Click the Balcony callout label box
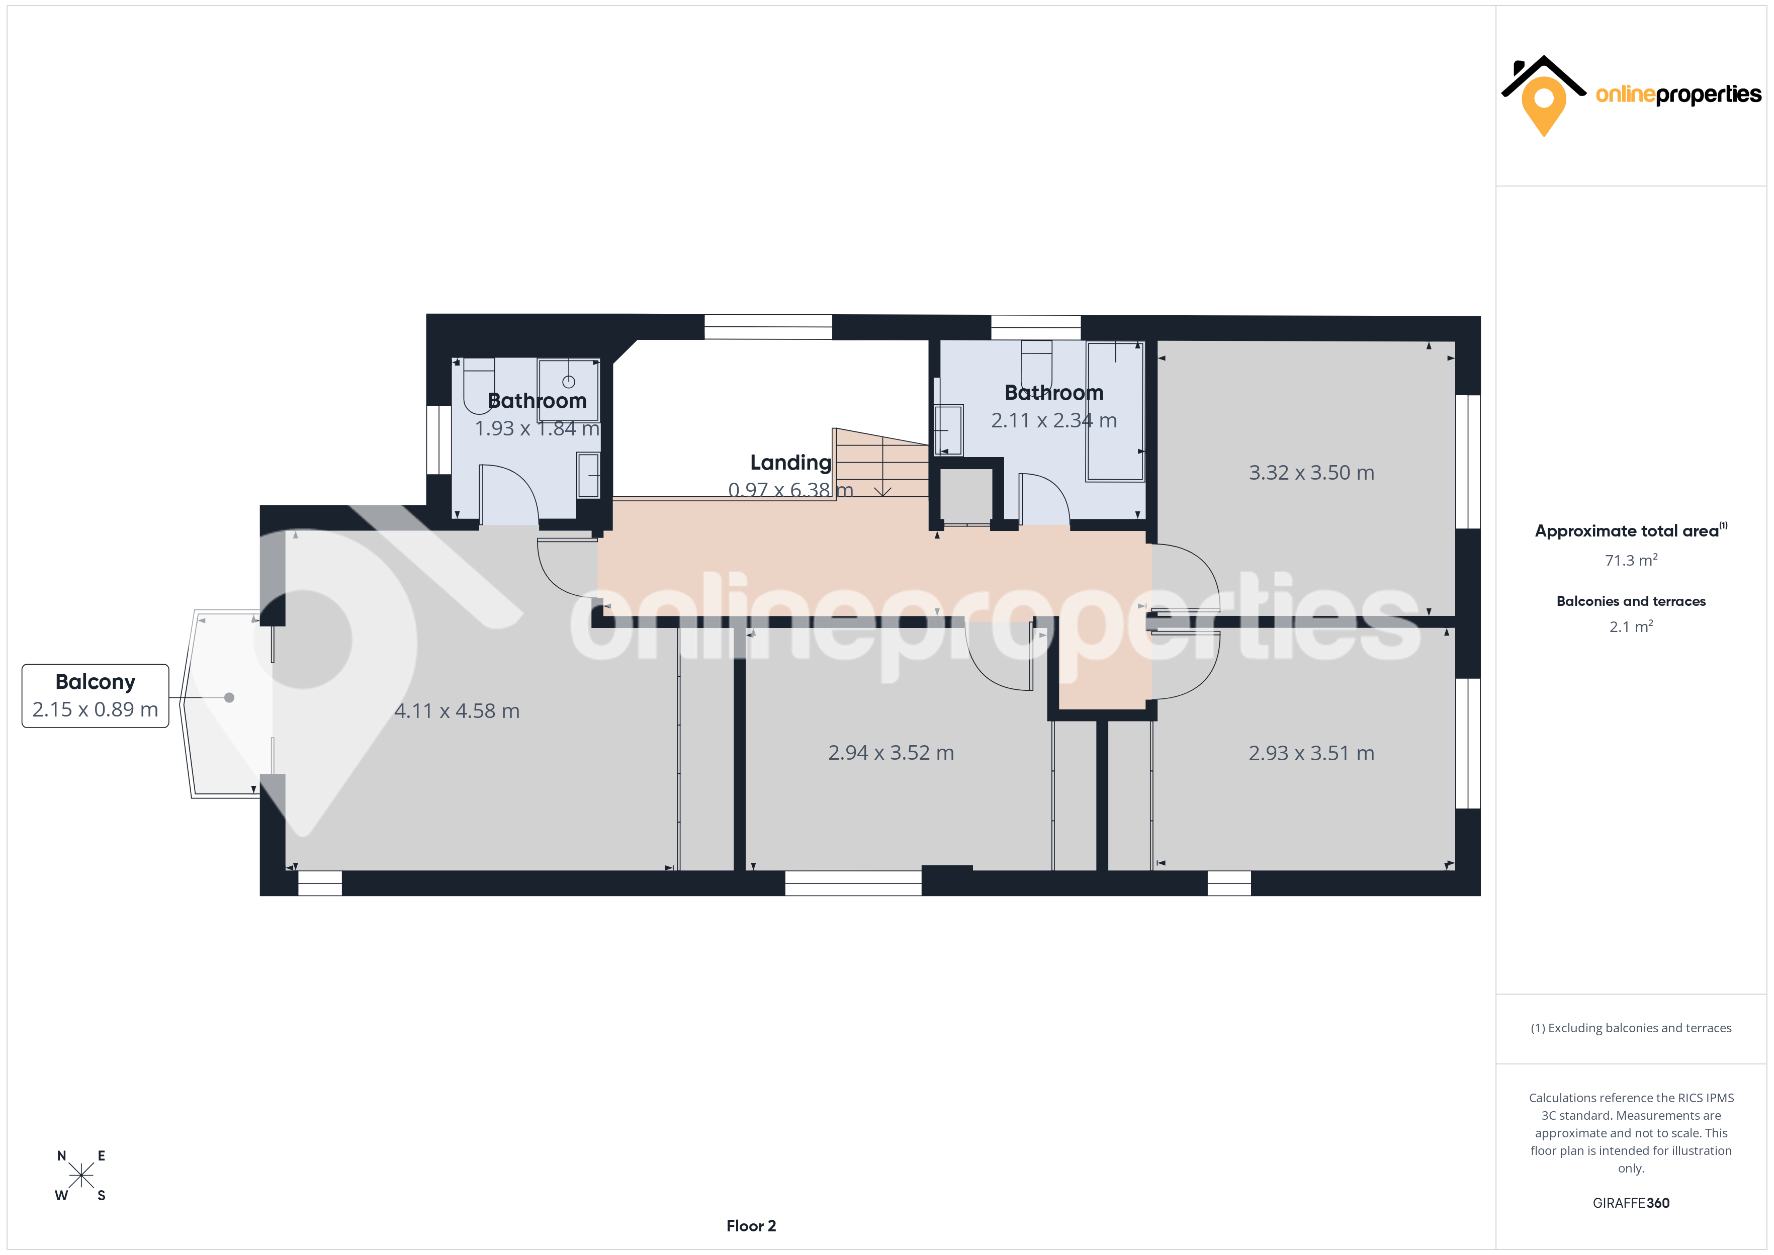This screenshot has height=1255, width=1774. tap(95, 695)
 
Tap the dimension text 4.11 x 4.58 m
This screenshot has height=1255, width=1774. tap(457, 711)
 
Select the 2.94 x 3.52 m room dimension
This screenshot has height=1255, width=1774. tap(891, 753)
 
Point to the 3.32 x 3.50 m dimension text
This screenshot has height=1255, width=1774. tap(1311, 473)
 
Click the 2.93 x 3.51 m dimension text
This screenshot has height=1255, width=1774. tap(1311, 754)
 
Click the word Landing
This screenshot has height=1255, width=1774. tap(790, 463)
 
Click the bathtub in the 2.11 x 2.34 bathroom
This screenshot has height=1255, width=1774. tap(1115, 411)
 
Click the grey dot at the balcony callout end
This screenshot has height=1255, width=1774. tap(229, 698)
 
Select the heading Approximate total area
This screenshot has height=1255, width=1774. tap(1627, 531)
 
